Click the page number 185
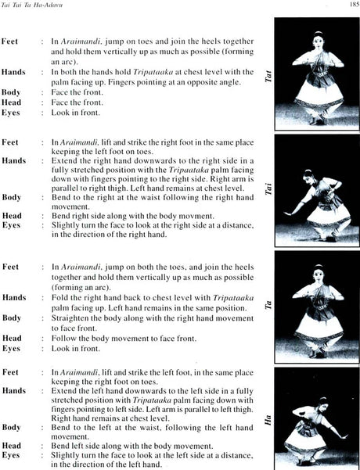[350, 5]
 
